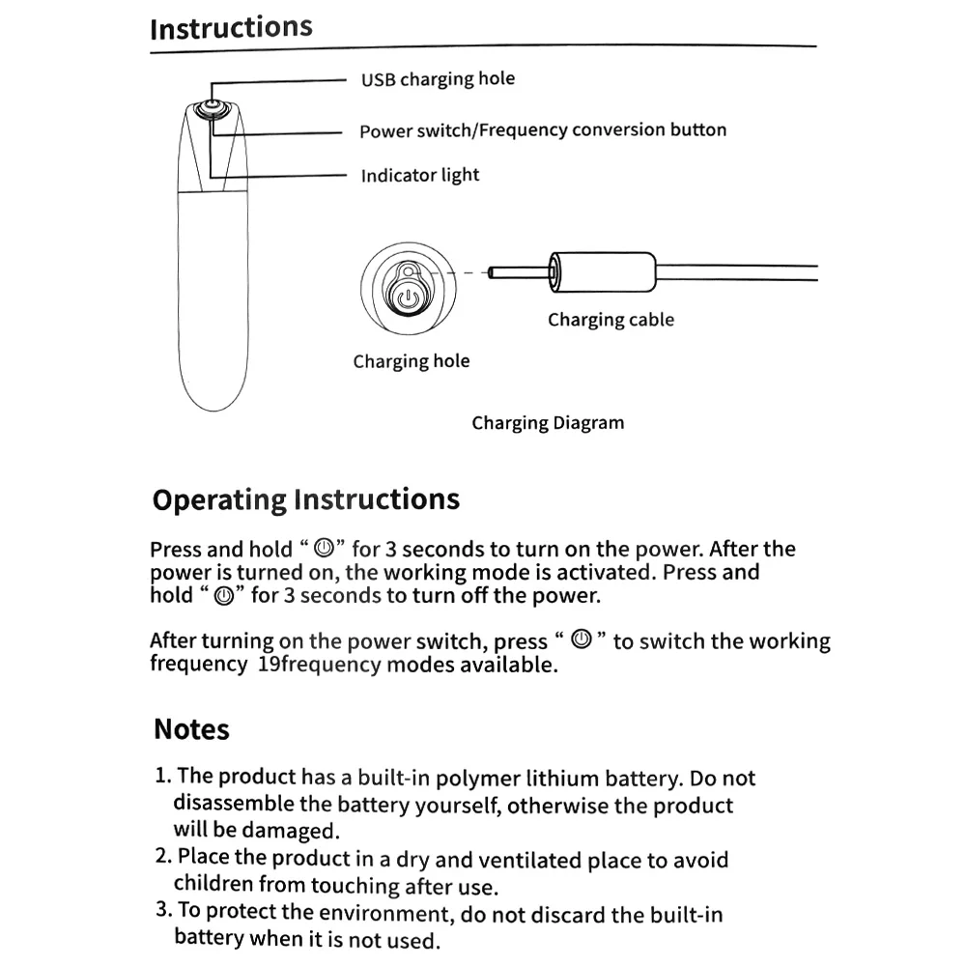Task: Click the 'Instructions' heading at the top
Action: pyautogui.click(x=231, y=27)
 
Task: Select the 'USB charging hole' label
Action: pyautogui.click(x=438, y=79)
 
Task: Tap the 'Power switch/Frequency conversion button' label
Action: pyautogui.click(x=543, y=130)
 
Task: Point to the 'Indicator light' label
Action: pyautogui.click(x=419, y=176)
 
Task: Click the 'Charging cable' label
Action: pyautogui.click(x=611, y=320)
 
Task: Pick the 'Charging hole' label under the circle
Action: pyautogui.click(x=411, y=361)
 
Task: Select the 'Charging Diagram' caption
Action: pyautogui.click(x=548, y=423)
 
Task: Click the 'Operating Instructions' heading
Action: pyautogui.click(x=305, y=499)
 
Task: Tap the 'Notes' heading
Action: pyautogui.click(x=191, y=729)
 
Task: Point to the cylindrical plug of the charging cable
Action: pyautogui.click(x=603, y=271)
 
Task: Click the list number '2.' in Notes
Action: pyautogui.click(x=163, y=856)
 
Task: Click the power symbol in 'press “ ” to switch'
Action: pyautogui.click(x=581, y=639)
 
